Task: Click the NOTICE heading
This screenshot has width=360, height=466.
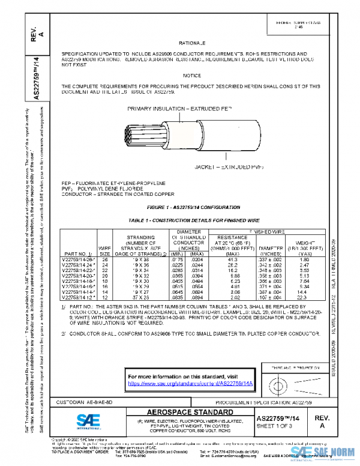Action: pos(192,75)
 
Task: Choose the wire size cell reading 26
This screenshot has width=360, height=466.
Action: pos(104,259)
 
